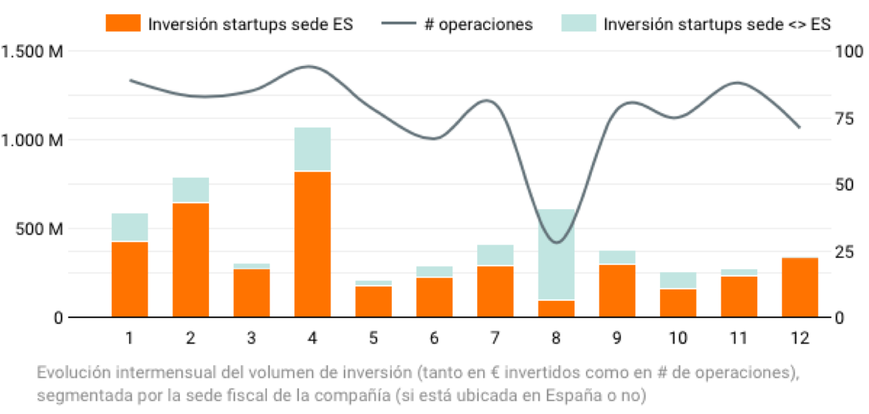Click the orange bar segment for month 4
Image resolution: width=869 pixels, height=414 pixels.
pyautogui.click(x=312, y=244)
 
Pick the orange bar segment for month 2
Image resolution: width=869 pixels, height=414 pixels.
pyautogui.click(x=190, y=259)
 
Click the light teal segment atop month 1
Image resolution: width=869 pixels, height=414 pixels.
pyautogui.click(x=130, y=227)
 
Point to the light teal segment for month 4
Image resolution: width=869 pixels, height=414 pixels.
pyautogui.click(x=312, y=149)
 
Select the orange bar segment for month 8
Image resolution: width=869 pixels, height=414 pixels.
pyautogui.click(x=556, y=308)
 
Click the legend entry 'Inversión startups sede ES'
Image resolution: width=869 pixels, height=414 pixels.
pyautogui.click(x=250, y=24)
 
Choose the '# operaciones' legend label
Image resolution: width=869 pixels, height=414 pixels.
pyautogui.click(x=478, y=24)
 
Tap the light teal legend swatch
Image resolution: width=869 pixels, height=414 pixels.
pyautogui.click(x=577, y=24)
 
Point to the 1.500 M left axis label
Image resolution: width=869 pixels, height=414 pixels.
pyautogui.click(x=32, y=51)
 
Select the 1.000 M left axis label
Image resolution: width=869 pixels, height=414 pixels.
pyautogui.click(x=32, y=140)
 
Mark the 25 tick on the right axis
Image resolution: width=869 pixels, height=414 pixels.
pyautogui.click(x=844, y=251)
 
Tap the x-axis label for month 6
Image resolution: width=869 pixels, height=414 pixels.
pyautogui.click(x=434, y=338)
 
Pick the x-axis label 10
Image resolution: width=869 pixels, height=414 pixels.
pyautogui.click(x=678, y=338)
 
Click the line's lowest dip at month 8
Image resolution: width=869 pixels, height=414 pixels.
pyautogui.click(x=556, y=242)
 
